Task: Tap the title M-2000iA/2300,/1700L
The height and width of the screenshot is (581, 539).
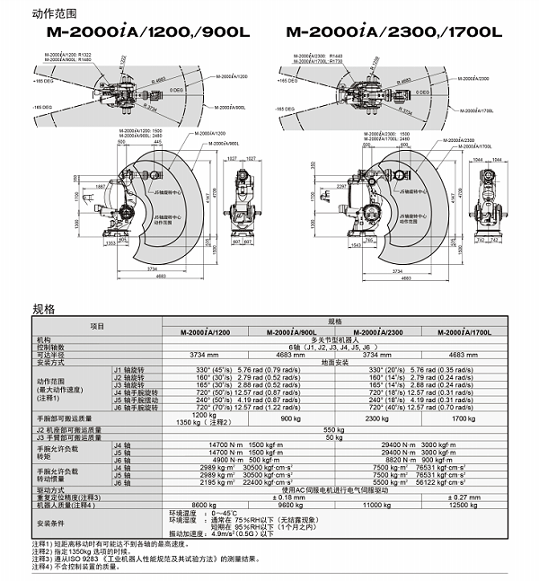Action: coord(393,32)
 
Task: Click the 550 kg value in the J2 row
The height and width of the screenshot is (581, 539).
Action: coord(333,430)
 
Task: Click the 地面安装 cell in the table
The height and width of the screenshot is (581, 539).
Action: coord(333,361)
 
